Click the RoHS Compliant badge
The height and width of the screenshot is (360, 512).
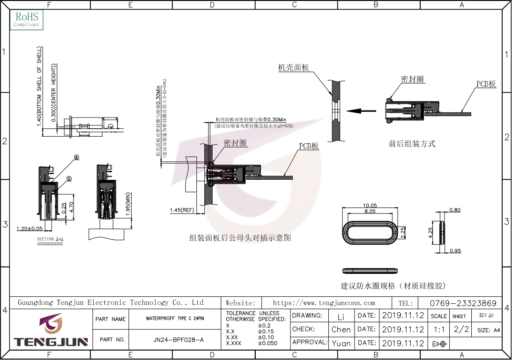coord(27,20)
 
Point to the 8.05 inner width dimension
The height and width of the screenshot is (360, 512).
coord(370,212)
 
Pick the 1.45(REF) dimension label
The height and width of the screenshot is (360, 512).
coord(182,210)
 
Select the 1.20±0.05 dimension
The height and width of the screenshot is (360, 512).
coord(29,229)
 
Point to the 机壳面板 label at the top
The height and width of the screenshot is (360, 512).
coord(294,68)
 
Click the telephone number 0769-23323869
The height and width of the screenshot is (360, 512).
coord(463,303)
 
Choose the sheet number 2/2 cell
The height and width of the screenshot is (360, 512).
coord(461,329)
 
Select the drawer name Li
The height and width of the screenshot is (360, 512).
coord(341,316)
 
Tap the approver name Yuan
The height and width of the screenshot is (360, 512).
coord(341,343)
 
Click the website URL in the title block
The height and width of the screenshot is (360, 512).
coord(324,303)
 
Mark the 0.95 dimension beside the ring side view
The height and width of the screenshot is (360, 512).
coord(455,251)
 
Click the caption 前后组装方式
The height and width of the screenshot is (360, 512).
coord(412,144)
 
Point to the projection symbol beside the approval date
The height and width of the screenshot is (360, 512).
coord(439,344)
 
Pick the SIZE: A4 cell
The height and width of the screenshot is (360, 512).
coord(489,330)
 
